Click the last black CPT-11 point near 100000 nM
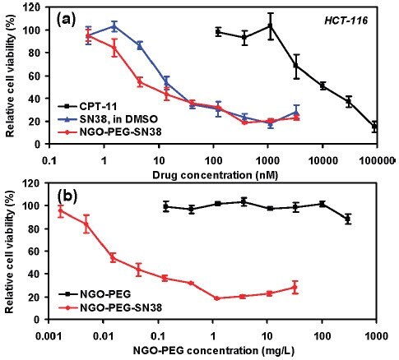pos(375,127)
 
